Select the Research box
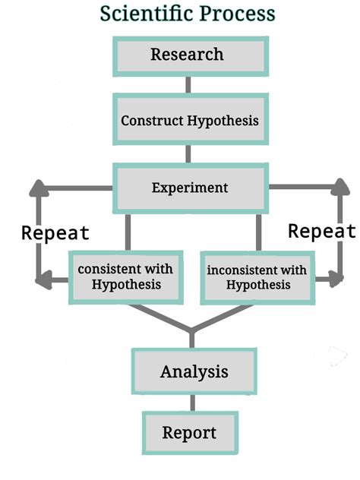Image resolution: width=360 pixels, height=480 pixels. (187, 55)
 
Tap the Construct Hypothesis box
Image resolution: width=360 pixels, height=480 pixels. (189, 120)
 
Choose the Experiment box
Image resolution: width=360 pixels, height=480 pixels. (190, 188)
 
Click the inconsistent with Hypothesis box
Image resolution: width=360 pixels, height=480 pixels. (257, 276)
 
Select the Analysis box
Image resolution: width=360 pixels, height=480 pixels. (194, 372)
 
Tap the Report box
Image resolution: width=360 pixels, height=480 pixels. (189, 434)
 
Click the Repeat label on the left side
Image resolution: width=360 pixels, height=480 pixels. (55, 232)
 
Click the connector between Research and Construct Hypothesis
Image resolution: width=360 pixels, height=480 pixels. (188, 84)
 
